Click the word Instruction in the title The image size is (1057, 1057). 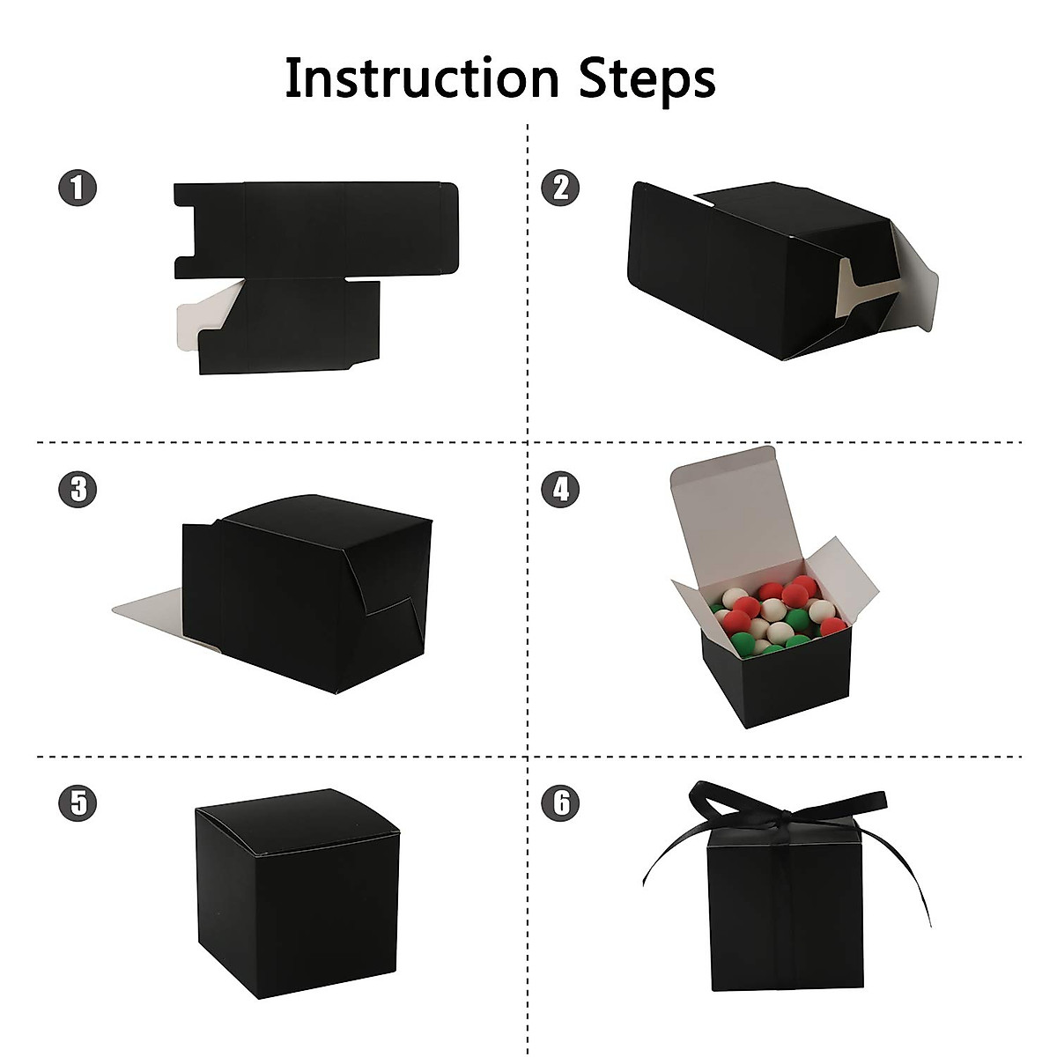click(x=422, y=78)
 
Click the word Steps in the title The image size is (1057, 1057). click(x=647, y=80)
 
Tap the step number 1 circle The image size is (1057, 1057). click(x=78, y=188)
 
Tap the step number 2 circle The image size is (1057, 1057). click(x=561, y=188)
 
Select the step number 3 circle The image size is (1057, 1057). click(x=78, y=490)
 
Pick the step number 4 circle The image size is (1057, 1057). click(x=561, y=490)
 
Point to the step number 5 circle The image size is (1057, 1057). click(x=78, y=802)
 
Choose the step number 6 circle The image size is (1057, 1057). click(x=561, y=802)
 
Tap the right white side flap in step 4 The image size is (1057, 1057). click(x=850, y=581)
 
